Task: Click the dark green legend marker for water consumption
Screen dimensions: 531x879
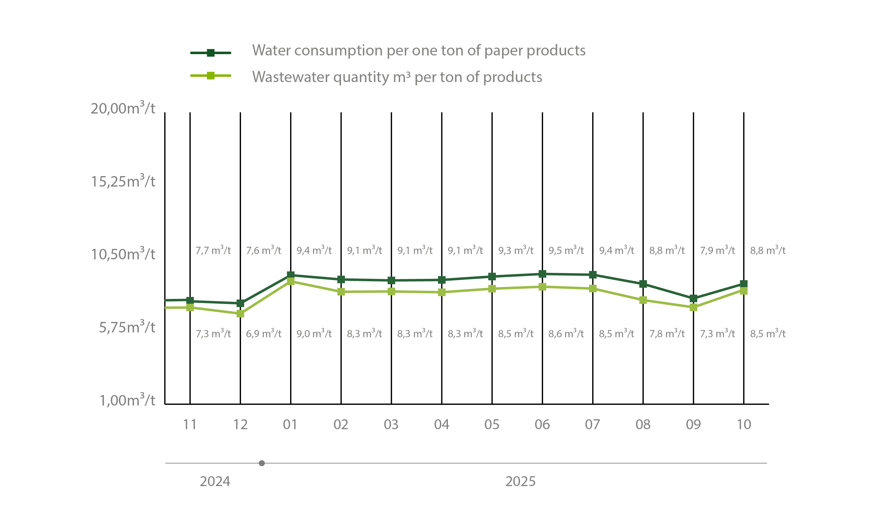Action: [210, 53]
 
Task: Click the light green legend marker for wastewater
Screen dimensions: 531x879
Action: [210, 76]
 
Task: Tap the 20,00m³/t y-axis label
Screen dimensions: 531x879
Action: [123, 108]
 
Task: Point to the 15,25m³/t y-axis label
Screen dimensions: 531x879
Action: [123, 181]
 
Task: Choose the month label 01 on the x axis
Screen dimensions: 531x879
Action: [290, 425]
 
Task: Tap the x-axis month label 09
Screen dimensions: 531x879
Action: [693, 425]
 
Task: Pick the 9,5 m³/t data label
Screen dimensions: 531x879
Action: [566, 250]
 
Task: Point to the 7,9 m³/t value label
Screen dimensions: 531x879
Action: [717, 250]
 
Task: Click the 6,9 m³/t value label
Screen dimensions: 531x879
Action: [264, 334]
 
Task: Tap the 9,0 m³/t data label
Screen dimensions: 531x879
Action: [314, 334]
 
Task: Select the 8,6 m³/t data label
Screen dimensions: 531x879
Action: [566, 334]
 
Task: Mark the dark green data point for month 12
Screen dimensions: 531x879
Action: [240, 303]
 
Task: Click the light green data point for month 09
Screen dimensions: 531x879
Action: [693, 308]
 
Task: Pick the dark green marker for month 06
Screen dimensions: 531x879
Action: [542, 274]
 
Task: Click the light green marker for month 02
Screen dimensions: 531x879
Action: [341, 291]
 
